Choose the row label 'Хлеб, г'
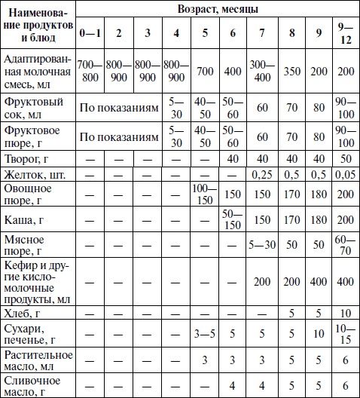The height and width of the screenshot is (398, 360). coord(23,312)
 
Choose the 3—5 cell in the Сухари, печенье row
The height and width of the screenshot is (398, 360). coord(203,332)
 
